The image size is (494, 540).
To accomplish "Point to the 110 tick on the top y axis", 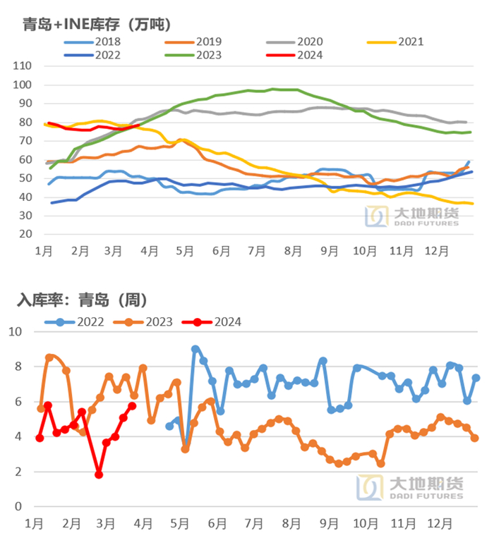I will coord(23,66).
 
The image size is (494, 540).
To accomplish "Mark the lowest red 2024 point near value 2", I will coord(99,475).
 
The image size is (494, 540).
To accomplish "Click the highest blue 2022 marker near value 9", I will coord(195,349).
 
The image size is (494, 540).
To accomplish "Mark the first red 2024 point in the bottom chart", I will coord(40,438).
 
